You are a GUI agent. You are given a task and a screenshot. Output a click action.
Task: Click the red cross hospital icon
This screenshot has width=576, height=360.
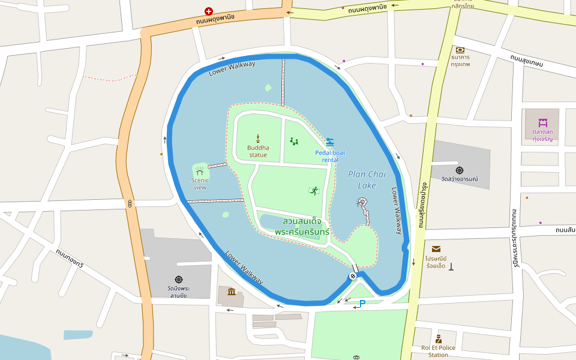point(209,11)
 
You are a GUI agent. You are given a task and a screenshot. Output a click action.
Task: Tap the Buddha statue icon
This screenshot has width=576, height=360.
point(258,138)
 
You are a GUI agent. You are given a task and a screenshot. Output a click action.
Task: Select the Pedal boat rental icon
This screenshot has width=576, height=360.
point(330,142)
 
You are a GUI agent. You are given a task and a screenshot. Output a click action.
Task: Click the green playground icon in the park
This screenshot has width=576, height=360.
point(294,142)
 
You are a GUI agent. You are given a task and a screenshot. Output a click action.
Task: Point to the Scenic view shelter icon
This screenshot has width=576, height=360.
point(200,172)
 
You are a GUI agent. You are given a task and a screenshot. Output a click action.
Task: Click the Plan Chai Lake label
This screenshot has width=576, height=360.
point(367,179)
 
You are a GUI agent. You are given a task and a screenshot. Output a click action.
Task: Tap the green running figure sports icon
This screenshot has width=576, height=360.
point(314,191)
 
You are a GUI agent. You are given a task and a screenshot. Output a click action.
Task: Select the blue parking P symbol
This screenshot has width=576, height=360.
point(362,304)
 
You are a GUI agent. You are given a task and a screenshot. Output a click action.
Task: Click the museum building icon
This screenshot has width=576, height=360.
point(232,292)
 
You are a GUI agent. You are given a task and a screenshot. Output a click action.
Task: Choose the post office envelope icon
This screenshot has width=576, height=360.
point(436,248)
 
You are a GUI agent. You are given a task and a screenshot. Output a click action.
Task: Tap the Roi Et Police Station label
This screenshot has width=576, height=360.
point(438,351)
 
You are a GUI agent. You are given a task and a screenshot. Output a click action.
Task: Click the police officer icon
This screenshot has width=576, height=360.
point(439,339)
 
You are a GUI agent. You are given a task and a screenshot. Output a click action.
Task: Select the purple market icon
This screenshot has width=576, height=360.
point(542,123)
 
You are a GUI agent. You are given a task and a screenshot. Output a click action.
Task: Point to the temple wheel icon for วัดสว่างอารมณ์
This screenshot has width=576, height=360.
point(460,170)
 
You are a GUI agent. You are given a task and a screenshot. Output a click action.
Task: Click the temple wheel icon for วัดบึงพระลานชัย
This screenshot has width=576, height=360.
point(178,280)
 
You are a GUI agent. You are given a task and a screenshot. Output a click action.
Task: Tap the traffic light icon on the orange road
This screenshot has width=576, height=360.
point(130,204)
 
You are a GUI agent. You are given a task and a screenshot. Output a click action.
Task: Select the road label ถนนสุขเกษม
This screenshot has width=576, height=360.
point(526,61)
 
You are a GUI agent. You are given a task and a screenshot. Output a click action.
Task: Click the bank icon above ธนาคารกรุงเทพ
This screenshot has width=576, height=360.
point(460,50)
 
